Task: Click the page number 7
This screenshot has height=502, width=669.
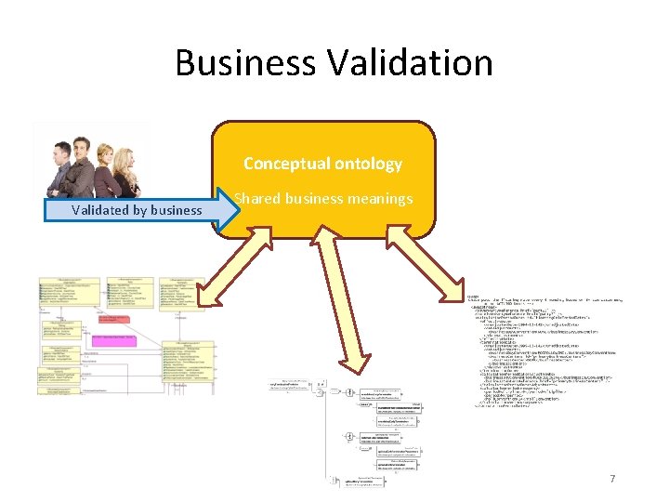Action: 611,478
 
